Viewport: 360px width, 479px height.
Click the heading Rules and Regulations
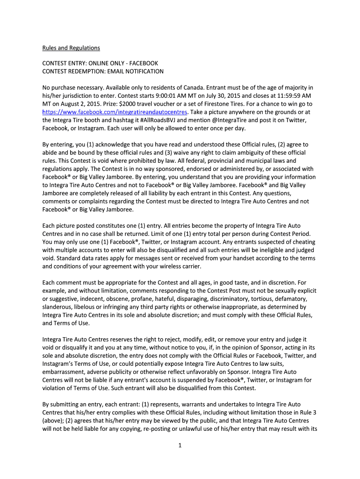(x=71, y=48)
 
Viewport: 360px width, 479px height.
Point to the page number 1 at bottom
(x=180, y=445)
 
